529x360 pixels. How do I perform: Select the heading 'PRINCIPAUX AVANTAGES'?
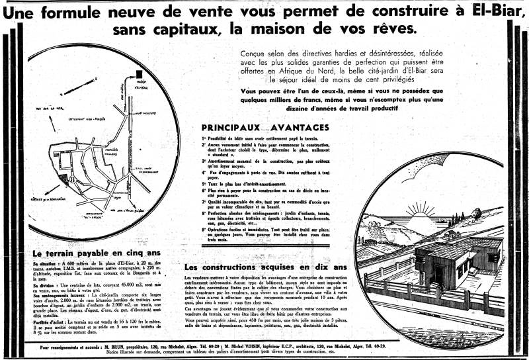pos(264,127)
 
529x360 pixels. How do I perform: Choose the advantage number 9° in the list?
pos(204,229)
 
